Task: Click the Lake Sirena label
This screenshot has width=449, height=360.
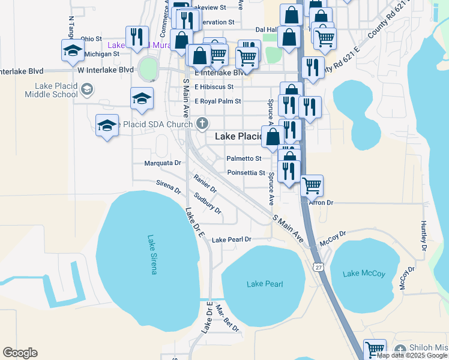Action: [x=151, y=254]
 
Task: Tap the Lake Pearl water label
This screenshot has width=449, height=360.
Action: [x=264, y=284]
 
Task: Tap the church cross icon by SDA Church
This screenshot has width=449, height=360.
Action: [x=202, y=124]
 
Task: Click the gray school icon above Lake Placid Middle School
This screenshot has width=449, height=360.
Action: [x=87, y=90]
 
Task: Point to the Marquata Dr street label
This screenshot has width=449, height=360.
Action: [x=163, y=163]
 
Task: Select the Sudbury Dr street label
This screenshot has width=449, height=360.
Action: [x=208, y=204]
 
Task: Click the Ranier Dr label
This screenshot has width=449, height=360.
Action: [x=205, y=183]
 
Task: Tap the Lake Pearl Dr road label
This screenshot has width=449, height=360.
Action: [x=231, y=239]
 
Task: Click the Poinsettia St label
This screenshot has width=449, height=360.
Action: [x=246, y=173]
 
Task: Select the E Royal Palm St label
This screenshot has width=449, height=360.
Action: [x=217, y=101]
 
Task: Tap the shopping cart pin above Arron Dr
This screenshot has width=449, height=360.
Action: [x=312, y=185]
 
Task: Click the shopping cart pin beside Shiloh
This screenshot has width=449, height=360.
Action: [x=375, y=348]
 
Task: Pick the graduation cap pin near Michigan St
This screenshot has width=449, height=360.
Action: [x=73, y=50]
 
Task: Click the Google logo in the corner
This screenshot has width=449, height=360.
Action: [x=20, y=353]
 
